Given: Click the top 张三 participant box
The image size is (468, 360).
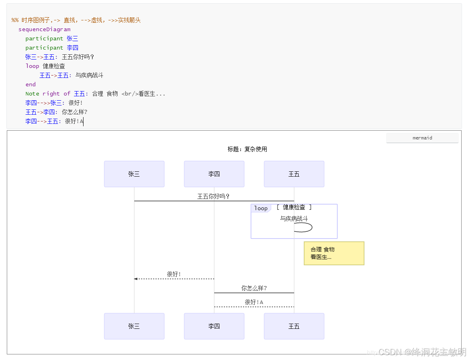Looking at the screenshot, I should tap(134, 174).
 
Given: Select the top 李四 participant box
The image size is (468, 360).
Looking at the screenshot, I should tap(214, 174).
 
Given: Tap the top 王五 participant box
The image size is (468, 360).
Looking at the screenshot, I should tap(294, 174).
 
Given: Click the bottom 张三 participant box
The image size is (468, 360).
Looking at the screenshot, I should tap(134, 326).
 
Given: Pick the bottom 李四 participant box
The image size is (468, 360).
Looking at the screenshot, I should tap(214, 326).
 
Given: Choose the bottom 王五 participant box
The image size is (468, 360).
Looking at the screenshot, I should tap(294, 326).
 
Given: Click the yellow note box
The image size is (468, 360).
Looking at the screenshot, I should tap(334, 253).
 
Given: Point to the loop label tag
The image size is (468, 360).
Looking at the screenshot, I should tap(261, 208).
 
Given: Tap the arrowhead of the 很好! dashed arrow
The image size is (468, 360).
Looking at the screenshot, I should tap(136, 279).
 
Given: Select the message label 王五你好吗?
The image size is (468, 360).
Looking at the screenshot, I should tap(213, 196).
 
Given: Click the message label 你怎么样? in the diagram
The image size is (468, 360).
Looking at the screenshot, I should tap(254, 288).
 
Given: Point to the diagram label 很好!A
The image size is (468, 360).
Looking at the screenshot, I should tap(254, 302).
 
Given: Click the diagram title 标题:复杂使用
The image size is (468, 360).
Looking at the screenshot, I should tap(247, 149).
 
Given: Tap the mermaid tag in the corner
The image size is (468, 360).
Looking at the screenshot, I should tap(422, 138).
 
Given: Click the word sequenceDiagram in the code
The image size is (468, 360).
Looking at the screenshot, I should tap(44, 29).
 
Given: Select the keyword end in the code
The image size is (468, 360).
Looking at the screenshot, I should tap(30, 84).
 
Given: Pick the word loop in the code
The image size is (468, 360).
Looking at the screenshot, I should tap(32, 66).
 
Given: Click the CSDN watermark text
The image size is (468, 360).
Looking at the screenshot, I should tap(422, 352).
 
